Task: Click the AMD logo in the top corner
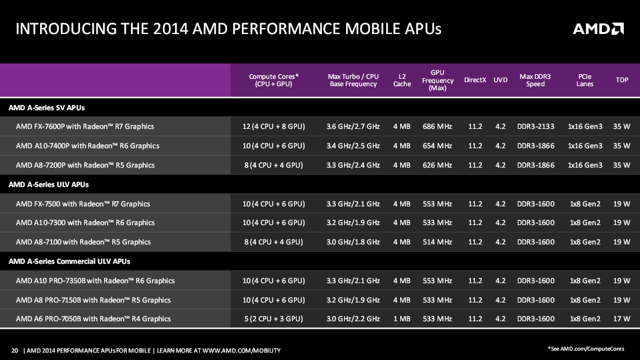pos(598,29)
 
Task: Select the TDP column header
pos(621,80)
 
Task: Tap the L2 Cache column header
pos(402,80)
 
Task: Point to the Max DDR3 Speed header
pos(535,80)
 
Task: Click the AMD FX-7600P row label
pos(85,126)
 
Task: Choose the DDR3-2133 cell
pos(535,126)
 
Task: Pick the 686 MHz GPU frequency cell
pos(438,126)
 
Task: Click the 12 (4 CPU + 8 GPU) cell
pos(273,126)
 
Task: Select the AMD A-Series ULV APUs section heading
pos(48,184)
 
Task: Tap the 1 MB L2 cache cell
pos(402,319)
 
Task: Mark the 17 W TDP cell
pos(621,319)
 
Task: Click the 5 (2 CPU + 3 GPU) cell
pos(273,319)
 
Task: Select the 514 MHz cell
pos(438,242)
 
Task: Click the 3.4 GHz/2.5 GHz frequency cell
pos(353,146)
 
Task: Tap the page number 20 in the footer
pos(15,350)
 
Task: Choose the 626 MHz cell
pos(438,165)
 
